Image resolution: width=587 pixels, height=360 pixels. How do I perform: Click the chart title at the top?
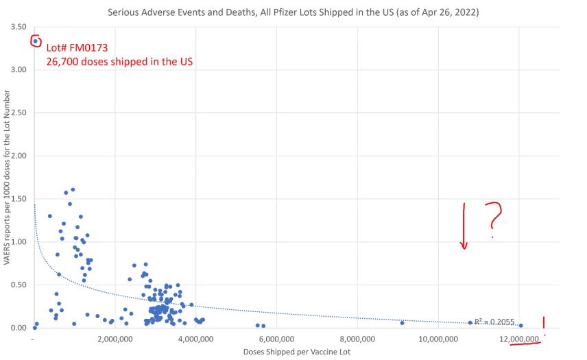[x=293, y=12]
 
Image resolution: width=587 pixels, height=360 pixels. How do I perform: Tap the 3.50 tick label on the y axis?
[x=19, y=26]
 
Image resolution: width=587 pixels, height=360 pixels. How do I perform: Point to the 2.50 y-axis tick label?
[x=19, y=112]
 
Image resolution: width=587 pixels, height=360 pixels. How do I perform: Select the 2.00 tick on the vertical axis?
[x=19, y=156]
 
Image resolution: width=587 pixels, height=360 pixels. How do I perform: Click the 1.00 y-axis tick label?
[x=19, y=241]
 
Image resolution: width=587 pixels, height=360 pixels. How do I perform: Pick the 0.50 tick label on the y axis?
[x=19, y=285]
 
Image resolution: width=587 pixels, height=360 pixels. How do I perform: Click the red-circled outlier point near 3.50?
[x=36, y=41]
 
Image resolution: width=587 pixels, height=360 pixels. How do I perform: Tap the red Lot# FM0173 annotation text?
[x=77, y=48]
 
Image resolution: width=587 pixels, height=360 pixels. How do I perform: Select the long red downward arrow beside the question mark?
[x=464, y=226]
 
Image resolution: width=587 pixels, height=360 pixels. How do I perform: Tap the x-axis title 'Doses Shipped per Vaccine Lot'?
[x=295, y=351]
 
